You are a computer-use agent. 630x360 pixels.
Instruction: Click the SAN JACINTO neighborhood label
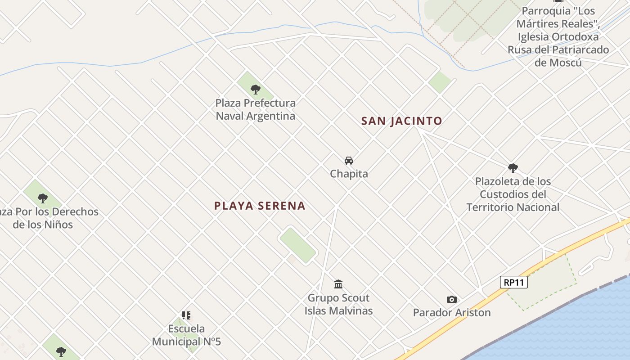point(402,121)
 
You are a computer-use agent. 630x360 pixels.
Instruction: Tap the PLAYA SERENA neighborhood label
point(260,206)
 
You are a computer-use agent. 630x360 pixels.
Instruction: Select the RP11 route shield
point(513,282)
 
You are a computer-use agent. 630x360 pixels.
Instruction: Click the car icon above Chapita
point(349,161)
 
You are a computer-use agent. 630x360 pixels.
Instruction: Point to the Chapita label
point(349,174)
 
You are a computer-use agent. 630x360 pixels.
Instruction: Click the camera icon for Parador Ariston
point(452,299)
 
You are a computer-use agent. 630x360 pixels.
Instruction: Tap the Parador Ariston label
point(452,312)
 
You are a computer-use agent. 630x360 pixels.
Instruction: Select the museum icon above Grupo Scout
point(338,284)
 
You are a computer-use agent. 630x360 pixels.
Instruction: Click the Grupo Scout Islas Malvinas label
point(338,304)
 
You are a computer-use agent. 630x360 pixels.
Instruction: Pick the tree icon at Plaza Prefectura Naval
point(256,89)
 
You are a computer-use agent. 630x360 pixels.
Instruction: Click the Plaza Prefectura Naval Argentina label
point(256,109)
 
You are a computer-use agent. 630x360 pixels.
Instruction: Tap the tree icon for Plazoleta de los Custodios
point(513,168)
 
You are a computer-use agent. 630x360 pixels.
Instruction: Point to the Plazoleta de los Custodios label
point(513,194)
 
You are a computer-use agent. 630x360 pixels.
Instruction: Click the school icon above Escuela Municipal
point(186,315)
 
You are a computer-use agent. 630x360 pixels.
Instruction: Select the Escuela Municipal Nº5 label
point(186,335)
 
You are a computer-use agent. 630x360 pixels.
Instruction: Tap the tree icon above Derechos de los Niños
point(43,198)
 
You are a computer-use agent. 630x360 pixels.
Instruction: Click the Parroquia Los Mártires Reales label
point(558,36)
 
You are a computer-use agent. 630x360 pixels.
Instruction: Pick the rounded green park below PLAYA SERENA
point(298,245)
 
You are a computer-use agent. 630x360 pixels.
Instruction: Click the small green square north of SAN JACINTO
point(440,82)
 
